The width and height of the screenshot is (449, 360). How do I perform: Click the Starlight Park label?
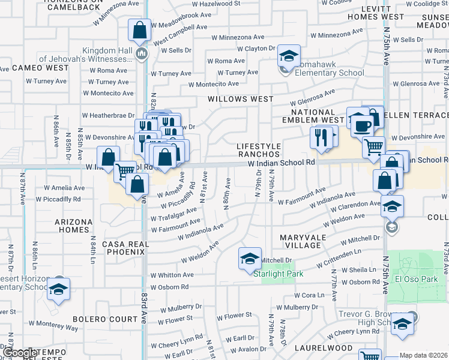278,274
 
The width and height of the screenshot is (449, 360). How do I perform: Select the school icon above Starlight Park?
250,259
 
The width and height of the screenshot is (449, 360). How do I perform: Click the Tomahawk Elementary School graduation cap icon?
289,58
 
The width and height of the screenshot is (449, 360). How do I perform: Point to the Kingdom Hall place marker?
142,55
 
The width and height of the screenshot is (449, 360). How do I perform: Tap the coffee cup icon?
363,126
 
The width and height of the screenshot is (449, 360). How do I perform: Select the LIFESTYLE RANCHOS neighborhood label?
259,150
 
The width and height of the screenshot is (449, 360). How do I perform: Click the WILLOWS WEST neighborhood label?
240,99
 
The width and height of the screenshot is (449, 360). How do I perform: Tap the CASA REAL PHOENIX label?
124,248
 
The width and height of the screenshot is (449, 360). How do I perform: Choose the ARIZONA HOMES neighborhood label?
74,226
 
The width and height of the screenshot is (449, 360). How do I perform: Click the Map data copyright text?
424,355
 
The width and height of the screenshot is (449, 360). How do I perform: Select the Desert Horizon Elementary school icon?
58,289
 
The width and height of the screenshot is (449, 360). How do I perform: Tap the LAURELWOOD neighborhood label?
323,347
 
